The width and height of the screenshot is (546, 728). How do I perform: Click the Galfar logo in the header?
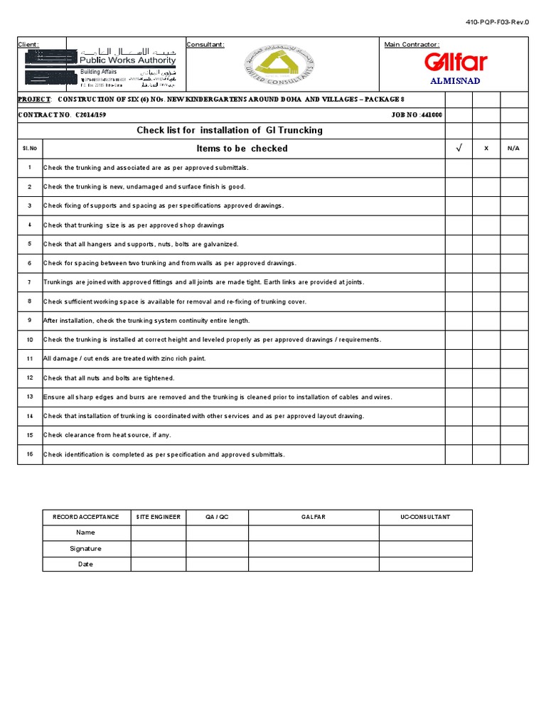click(455, 63)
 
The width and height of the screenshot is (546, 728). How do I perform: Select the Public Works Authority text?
click(128, 61)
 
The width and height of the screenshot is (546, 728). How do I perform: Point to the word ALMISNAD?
click(456, 80)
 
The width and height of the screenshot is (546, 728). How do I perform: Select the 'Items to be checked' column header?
click(242, 149)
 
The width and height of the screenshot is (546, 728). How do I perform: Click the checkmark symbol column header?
click(459, 149)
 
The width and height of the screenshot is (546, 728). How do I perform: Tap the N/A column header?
click(514, 149)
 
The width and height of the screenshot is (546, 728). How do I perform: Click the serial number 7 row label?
click(30, 282)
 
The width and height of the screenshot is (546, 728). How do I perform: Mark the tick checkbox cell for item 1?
click(459, 168)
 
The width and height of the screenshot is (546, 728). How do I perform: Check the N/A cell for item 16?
click(514, 454)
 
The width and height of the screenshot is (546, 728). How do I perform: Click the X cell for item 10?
click(486, 340)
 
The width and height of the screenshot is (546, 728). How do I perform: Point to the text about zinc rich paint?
click(124, 359)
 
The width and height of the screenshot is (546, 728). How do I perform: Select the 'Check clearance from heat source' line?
click(107, 435)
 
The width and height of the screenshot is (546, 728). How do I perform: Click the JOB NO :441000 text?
click(417, 115)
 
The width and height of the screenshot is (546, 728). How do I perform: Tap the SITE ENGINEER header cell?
click(159, 517)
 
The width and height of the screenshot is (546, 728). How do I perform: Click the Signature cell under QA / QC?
click(217, 548)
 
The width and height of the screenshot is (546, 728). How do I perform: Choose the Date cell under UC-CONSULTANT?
click(424, 564)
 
